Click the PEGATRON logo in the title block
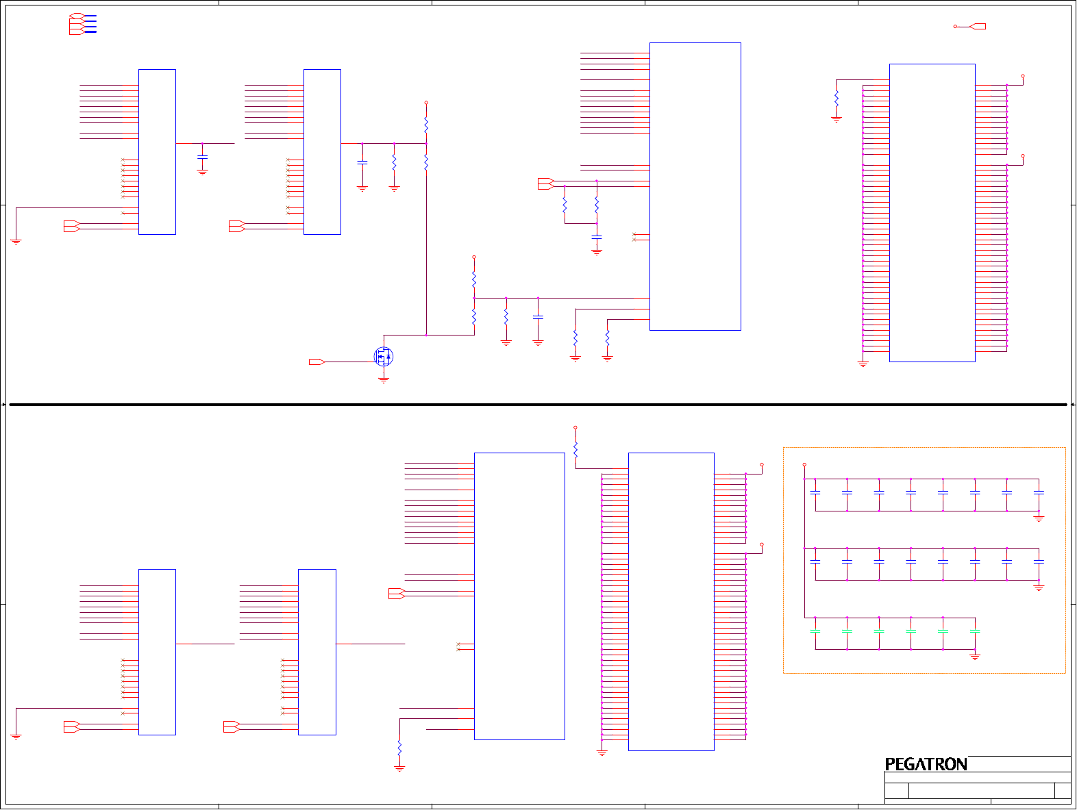pos(926,764)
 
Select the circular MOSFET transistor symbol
pos(384,356)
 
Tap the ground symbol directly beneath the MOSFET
pos(384,379)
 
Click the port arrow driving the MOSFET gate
pos(317,362)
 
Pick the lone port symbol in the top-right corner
pos(978,27)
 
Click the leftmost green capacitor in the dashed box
pos(815,631)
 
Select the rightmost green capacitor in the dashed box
pos(975,631)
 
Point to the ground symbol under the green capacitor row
pos(975,657)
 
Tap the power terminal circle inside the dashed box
pos(804,465)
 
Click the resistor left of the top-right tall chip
pos(836,99)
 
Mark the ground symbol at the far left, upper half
pos(16,242)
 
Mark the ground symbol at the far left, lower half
pos(16,737)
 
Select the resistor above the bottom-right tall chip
pos(575,449)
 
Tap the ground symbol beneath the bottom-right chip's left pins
pos(602,752)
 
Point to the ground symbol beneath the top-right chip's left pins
pos(863,364)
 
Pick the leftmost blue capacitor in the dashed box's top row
pos(815,492)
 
